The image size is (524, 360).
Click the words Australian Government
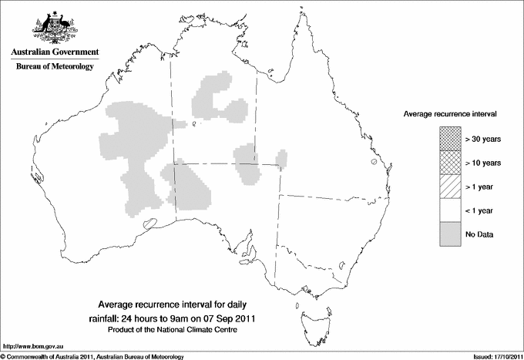pos(53,52)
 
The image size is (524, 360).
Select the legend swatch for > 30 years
pos(450,140)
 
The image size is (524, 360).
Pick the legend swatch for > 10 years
pos(450,163)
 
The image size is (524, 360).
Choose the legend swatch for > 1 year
pos(450,187)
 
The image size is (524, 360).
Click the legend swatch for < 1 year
pos(450,210)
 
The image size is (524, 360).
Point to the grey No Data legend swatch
pos(450,234)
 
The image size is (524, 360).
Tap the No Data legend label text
pos(479,234)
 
